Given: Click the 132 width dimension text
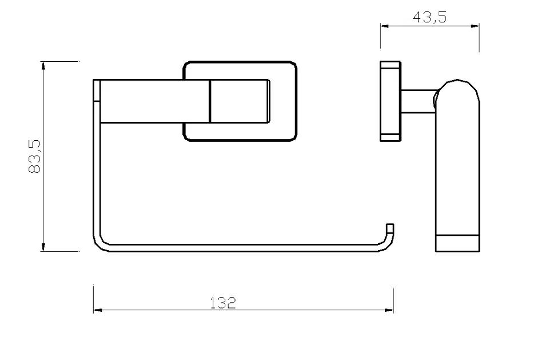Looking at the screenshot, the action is (x=223, y=303).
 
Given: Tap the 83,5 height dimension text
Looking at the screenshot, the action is (x=35, y=156).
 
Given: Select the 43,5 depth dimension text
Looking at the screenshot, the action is (x=429, y=17).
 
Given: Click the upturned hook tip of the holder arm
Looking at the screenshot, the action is (x=390, y=228).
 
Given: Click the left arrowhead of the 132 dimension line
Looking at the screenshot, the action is (x=97, y=310).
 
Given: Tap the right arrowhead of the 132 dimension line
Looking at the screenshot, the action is (x=389, y=310).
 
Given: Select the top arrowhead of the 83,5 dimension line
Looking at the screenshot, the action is (x=43, y=66).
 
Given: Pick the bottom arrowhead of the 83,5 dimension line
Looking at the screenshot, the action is (x=43, y=247).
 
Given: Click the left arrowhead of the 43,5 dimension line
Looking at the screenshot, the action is (x=385, y=26).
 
